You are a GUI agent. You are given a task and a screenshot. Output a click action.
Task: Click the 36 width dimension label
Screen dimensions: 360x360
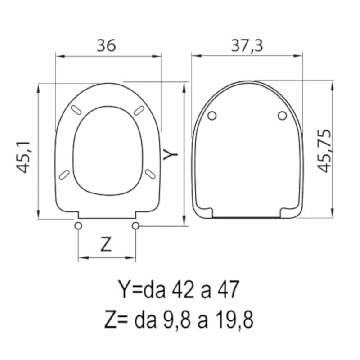click(106, 45)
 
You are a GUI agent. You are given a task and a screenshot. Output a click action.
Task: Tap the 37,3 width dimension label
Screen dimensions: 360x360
click(247, 46)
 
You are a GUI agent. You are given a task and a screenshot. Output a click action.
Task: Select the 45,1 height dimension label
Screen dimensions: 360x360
click(23, 157)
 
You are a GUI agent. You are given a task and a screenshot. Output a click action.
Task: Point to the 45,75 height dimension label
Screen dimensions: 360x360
click(324, 151)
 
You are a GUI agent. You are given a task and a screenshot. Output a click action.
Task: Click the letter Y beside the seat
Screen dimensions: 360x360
click(171, 154)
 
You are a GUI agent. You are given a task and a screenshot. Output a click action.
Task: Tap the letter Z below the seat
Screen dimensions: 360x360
click(106, 244)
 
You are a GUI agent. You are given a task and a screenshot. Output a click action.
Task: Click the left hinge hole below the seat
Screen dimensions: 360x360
click(78, 226)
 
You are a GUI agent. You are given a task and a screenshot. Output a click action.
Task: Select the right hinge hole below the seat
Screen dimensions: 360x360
click(135, 226)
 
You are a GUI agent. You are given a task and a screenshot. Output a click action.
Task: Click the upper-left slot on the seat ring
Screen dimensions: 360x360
click(76, 110)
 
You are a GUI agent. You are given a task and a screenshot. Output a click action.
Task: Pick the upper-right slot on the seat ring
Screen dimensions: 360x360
click(139, 110)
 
